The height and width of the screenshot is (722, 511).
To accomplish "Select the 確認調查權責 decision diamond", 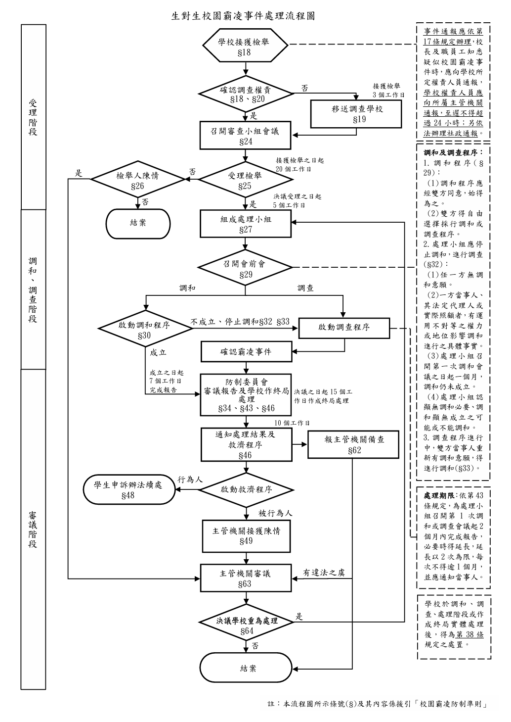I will [246, 94].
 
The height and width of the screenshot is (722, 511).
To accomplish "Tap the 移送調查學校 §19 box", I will [357, 114].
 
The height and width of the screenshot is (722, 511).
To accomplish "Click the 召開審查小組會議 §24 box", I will [246, 136].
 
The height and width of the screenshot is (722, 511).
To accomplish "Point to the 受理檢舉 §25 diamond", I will [246, 180].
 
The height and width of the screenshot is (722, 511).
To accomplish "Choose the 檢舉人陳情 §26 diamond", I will [137, 180].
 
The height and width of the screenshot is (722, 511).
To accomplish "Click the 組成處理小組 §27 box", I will [246, 224].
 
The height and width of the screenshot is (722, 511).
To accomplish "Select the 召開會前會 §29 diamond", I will [246, 268].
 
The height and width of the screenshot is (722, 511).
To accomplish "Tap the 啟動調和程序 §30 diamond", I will [145, 330].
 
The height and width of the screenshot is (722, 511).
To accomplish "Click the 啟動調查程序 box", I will [344, 327].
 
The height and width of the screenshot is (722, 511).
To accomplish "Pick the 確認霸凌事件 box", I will [246, 352].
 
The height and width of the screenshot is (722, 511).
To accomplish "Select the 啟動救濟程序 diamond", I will [246, 489].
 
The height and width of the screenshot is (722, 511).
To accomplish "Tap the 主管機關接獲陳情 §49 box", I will [246, 535].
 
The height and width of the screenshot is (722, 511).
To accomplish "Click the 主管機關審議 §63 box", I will [246, 578].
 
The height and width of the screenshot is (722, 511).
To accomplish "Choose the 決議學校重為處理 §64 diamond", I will [246, 625].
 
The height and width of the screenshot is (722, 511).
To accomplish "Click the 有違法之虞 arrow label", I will [324, 573].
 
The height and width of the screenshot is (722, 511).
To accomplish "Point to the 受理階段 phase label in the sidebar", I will [33, 117].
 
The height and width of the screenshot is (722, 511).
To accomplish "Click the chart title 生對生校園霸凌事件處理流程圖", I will [243, 16].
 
